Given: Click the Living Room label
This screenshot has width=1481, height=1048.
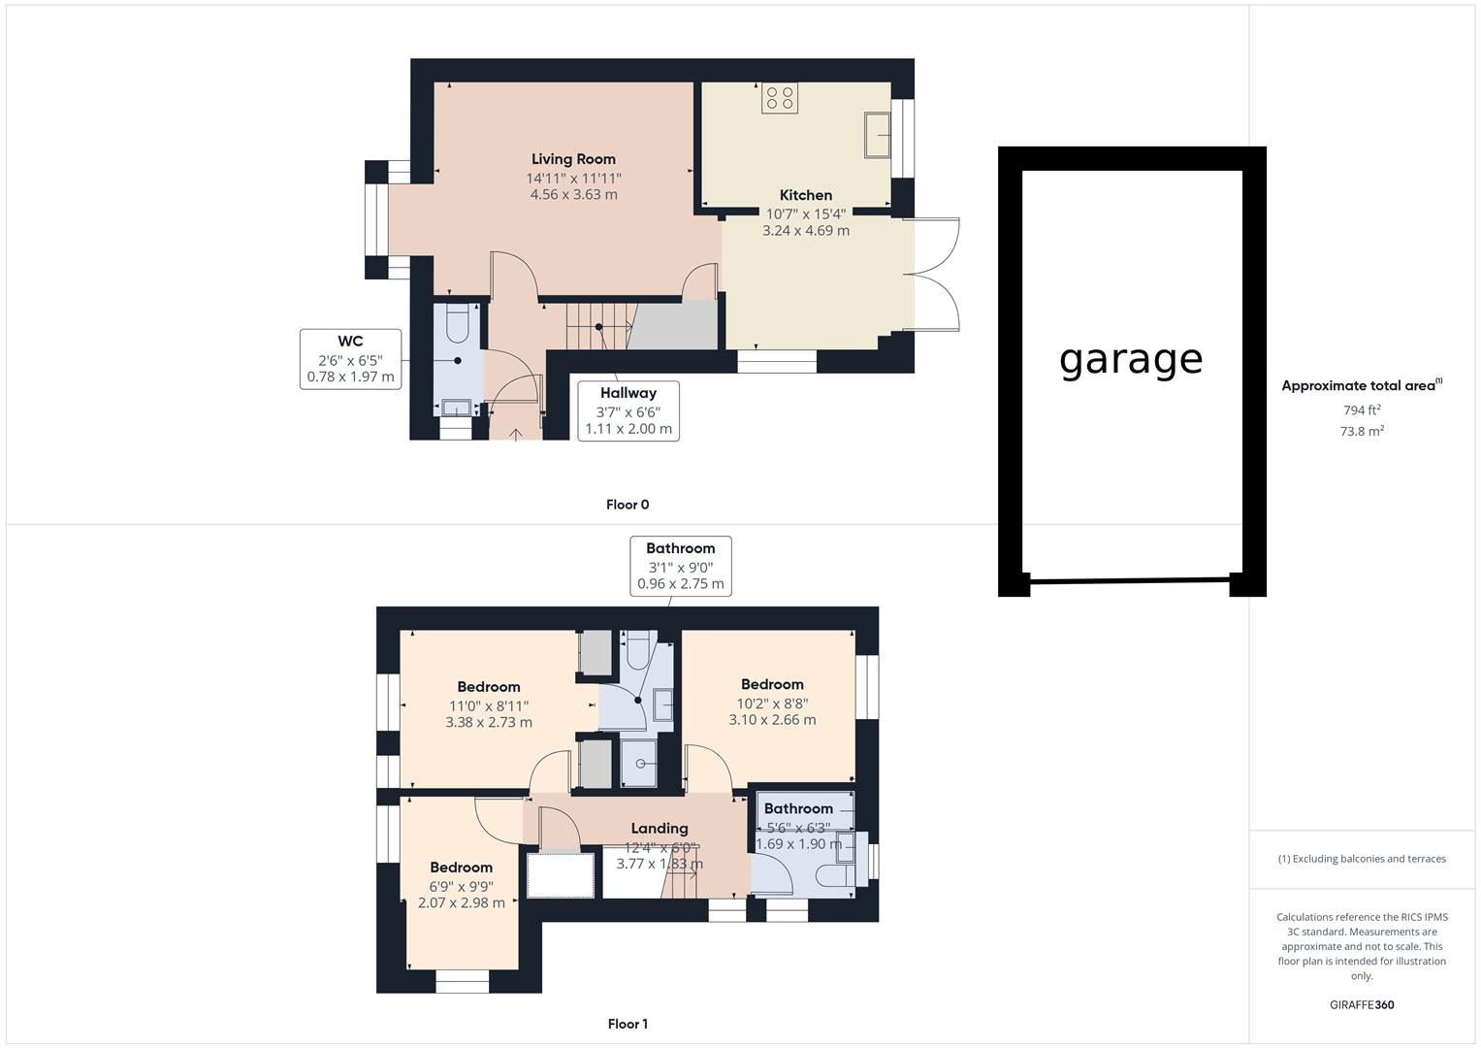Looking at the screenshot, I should (x=573, y=159).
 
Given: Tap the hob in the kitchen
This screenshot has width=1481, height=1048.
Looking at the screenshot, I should (x=780, y=97).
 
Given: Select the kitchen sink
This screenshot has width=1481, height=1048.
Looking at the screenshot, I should (x=878, y=134).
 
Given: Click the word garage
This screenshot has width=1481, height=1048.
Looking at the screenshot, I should (x=1131, y=359).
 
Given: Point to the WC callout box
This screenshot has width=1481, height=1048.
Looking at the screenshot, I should (x=350, y=359).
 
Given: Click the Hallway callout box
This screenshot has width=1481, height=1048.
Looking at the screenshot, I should (x=628, y=410).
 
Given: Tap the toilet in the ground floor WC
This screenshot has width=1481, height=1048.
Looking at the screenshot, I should (x=458, y=322).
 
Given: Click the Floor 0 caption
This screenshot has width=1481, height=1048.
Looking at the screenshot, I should (x=628, y=505).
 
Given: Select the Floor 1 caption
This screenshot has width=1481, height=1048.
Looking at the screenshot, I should (x=628, y=1024).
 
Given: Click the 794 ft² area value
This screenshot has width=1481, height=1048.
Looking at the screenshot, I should (x=1362, y=410).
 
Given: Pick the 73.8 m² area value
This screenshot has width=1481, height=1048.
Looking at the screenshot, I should (x=1362, y=432).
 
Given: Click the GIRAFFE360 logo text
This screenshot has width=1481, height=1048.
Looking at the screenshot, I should (x=1362, y=1005).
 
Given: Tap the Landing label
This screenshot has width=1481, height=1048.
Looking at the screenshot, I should (x=660, y=829).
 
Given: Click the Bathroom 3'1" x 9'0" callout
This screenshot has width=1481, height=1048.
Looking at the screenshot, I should (x=680, y=566).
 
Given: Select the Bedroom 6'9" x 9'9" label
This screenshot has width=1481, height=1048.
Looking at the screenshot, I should (x=462, y=868).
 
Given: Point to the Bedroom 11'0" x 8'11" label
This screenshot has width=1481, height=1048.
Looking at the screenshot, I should (x=489, y=687).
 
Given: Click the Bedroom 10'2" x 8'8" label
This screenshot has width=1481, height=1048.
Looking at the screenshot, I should (x=772, y=684).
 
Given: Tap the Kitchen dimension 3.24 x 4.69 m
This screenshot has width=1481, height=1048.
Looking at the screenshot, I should (x=806, y=231).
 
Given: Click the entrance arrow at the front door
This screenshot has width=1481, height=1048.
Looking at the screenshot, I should (x=514, y=433).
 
